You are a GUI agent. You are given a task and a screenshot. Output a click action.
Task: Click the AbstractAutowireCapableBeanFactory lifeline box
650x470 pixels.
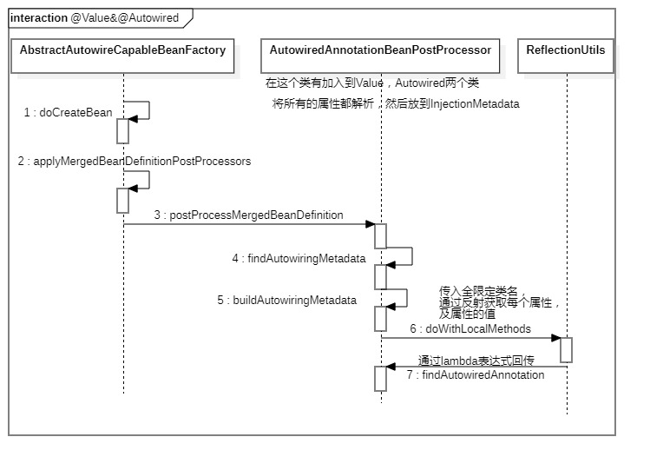122,56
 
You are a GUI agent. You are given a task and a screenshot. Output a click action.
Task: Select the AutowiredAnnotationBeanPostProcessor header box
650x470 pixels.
380,56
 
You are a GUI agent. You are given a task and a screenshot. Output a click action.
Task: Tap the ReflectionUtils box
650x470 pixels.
566,56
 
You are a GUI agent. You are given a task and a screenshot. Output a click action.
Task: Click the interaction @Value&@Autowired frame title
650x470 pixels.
95,18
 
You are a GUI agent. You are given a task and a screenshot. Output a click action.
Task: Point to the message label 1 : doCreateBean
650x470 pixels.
68,112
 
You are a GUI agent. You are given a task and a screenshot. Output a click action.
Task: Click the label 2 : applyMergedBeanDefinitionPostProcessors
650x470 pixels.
135,161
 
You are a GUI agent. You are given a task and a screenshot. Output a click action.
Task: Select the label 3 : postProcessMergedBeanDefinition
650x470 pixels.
249,215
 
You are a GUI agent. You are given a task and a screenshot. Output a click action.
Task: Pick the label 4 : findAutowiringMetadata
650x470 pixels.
299,258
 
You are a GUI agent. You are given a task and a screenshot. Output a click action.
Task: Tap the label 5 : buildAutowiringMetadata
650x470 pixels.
287,300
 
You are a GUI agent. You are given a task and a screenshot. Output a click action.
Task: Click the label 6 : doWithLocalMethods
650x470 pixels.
470,328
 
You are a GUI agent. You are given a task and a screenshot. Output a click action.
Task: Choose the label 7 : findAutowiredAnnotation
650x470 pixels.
476,374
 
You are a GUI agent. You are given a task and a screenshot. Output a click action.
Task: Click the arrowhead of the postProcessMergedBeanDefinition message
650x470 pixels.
371,224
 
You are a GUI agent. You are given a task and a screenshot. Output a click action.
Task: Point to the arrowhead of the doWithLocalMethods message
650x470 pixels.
556,338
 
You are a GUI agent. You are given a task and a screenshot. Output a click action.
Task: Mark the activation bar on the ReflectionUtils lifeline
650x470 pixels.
567,350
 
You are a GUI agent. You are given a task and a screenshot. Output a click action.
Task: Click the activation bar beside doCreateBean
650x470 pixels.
122,131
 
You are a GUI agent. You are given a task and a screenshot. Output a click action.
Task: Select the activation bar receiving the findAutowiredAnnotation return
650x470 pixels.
381,379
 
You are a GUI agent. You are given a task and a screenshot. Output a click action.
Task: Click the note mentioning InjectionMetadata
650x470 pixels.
396,103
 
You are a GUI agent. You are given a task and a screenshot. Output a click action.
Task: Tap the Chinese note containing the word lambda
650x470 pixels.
476,361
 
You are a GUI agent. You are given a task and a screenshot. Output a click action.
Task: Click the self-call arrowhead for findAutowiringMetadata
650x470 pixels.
391,265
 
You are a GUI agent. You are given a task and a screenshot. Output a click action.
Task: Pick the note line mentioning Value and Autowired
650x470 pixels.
372,83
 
